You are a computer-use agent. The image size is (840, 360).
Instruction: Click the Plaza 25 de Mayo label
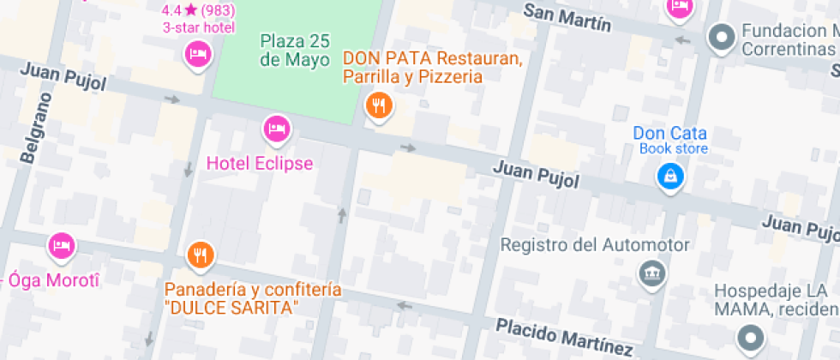pyautogui.click(x=295, y=51)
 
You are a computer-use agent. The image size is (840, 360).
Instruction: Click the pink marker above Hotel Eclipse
pyautogui.click(x=276, y=130)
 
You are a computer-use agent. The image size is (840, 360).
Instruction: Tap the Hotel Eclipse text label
pyautogui.click(x=260, y=163)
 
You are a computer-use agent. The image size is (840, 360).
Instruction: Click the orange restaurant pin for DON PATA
pyautogui.click(x=378, y=106)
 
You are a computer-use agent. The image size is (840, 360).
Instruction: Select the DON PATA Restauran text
pyautogui.click(x=433, y=59)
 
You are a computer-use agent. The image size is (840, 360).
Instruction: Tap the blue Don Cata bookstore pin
pyautogui.click(x=669, y=177)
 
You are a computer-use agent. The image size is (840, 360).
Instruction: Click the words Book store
pyautogui.click(x=674, y=149)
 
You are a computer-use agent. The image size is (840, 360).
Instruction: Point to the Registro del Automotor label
pyautogui.click(x=594, y=245)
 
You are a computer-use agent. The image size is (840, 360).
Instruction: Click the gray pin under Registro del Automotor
pyautogui.click(x=651, y=274)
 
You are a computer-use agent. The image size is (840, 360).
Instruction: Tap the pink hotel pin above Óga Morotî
pyautogui.click(x=61, y=247)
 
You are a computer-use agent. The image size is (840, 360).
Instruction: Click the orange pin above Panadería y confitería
pyautogui.click(x=199, y=255)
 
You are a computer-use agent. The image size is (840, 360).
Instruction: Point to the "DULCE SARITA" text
pyautogui.click(x=231, y=307)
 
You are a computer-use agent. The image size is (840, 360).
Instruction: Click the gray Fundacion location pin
pyautogui.click(x=722, y=37)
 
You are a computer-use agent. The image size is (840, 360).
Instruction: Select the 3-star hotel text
pyautogui.click(x=199, y=27)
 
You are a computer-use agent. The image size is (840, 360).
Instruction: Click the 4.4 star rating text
pyautogui.click(x=198, y=10)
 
